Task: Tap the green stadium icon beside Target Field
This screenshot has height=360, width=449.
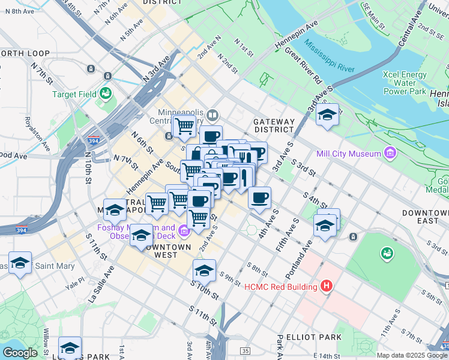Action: (x=106, y=94)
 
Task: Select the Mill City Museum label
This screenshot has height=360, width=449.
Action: (x=350, y=154)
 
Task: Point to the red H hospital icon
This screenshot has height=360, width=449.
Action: (x=327, y=286)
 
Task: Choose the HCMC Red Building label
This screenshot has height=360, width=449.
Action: (x=280, y=287)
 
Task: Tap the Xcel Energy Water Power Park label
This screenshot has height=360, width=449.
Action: (x=405, y=83)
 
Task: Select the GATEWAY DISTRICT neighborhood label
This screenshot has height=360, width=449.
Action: (x=274, y=125)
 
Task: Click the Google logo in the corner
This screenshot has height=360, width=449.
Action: (x=19, y=353)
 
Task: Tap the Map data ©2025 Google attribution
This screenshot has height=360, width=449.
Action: (x=412, y=355)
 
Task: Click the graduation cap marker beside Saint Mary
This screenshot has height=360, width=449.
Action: (x=20, y=263)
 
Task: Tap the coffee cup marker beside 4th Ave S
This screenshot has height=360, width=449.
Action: (x=259, y=197)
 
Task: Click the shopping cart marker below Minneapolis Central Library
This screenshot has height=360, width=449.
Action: (x=184, y=126)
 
